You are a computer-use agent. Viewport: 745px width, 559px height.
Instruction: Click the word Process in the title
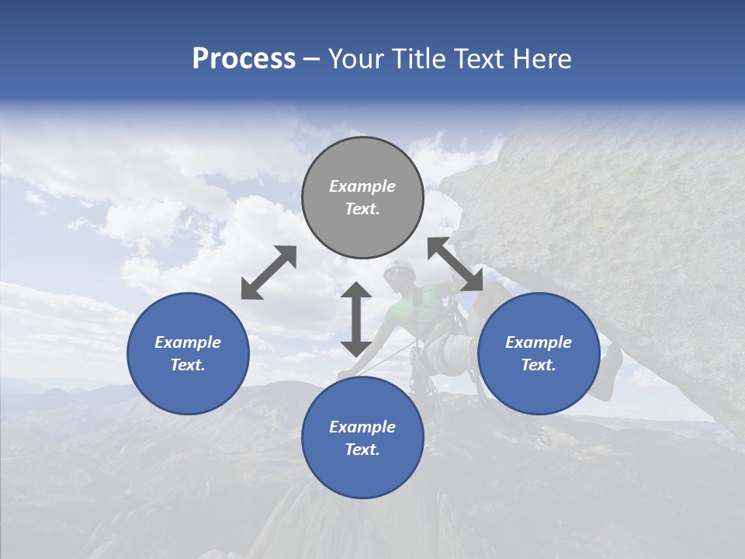244,59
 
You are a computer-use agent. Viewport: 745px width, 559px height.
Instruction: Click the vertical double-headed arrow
356,319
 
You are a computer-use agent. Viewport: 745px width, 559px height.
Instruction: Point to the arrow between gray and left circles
269,273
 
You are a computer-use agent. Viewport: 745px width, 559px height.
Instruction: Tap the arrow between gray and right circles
456,265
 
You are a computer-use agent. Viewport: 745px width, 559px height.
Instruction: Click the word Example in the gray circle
362,186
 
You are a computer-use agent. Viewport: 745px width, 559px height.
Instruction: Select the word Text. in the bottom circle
362,450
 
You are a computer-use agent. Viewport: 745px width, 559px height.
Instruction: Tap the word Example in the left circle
188,342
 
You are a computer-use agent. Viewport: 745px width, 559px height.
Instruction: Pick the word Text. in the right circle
539,365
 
